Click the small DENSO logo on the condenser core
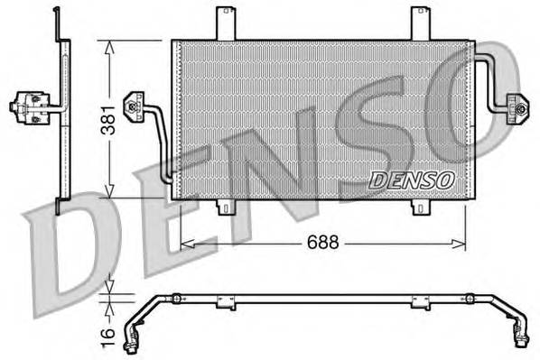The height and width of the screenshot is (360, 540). [x=411, y=180]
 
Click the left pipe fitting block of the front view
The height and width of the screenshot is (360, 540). [x=135, y=105]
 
